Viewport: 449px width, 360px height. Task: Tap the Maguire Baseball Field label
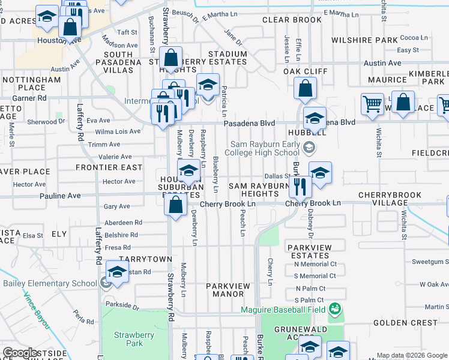coord(283,310)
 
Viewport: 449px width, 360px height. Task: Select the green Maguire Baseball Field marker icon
coord(335,310)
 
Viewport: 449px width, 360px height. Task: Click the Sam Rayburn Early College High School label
coord(265,148)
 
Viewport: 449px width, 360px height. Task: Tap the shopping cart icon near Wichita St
coord(372,104)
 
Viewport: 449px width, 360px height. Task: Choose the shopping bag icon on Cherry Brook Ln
coord(175,206)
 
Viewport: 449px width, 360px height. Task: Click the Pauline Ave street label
coord(60,196)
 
